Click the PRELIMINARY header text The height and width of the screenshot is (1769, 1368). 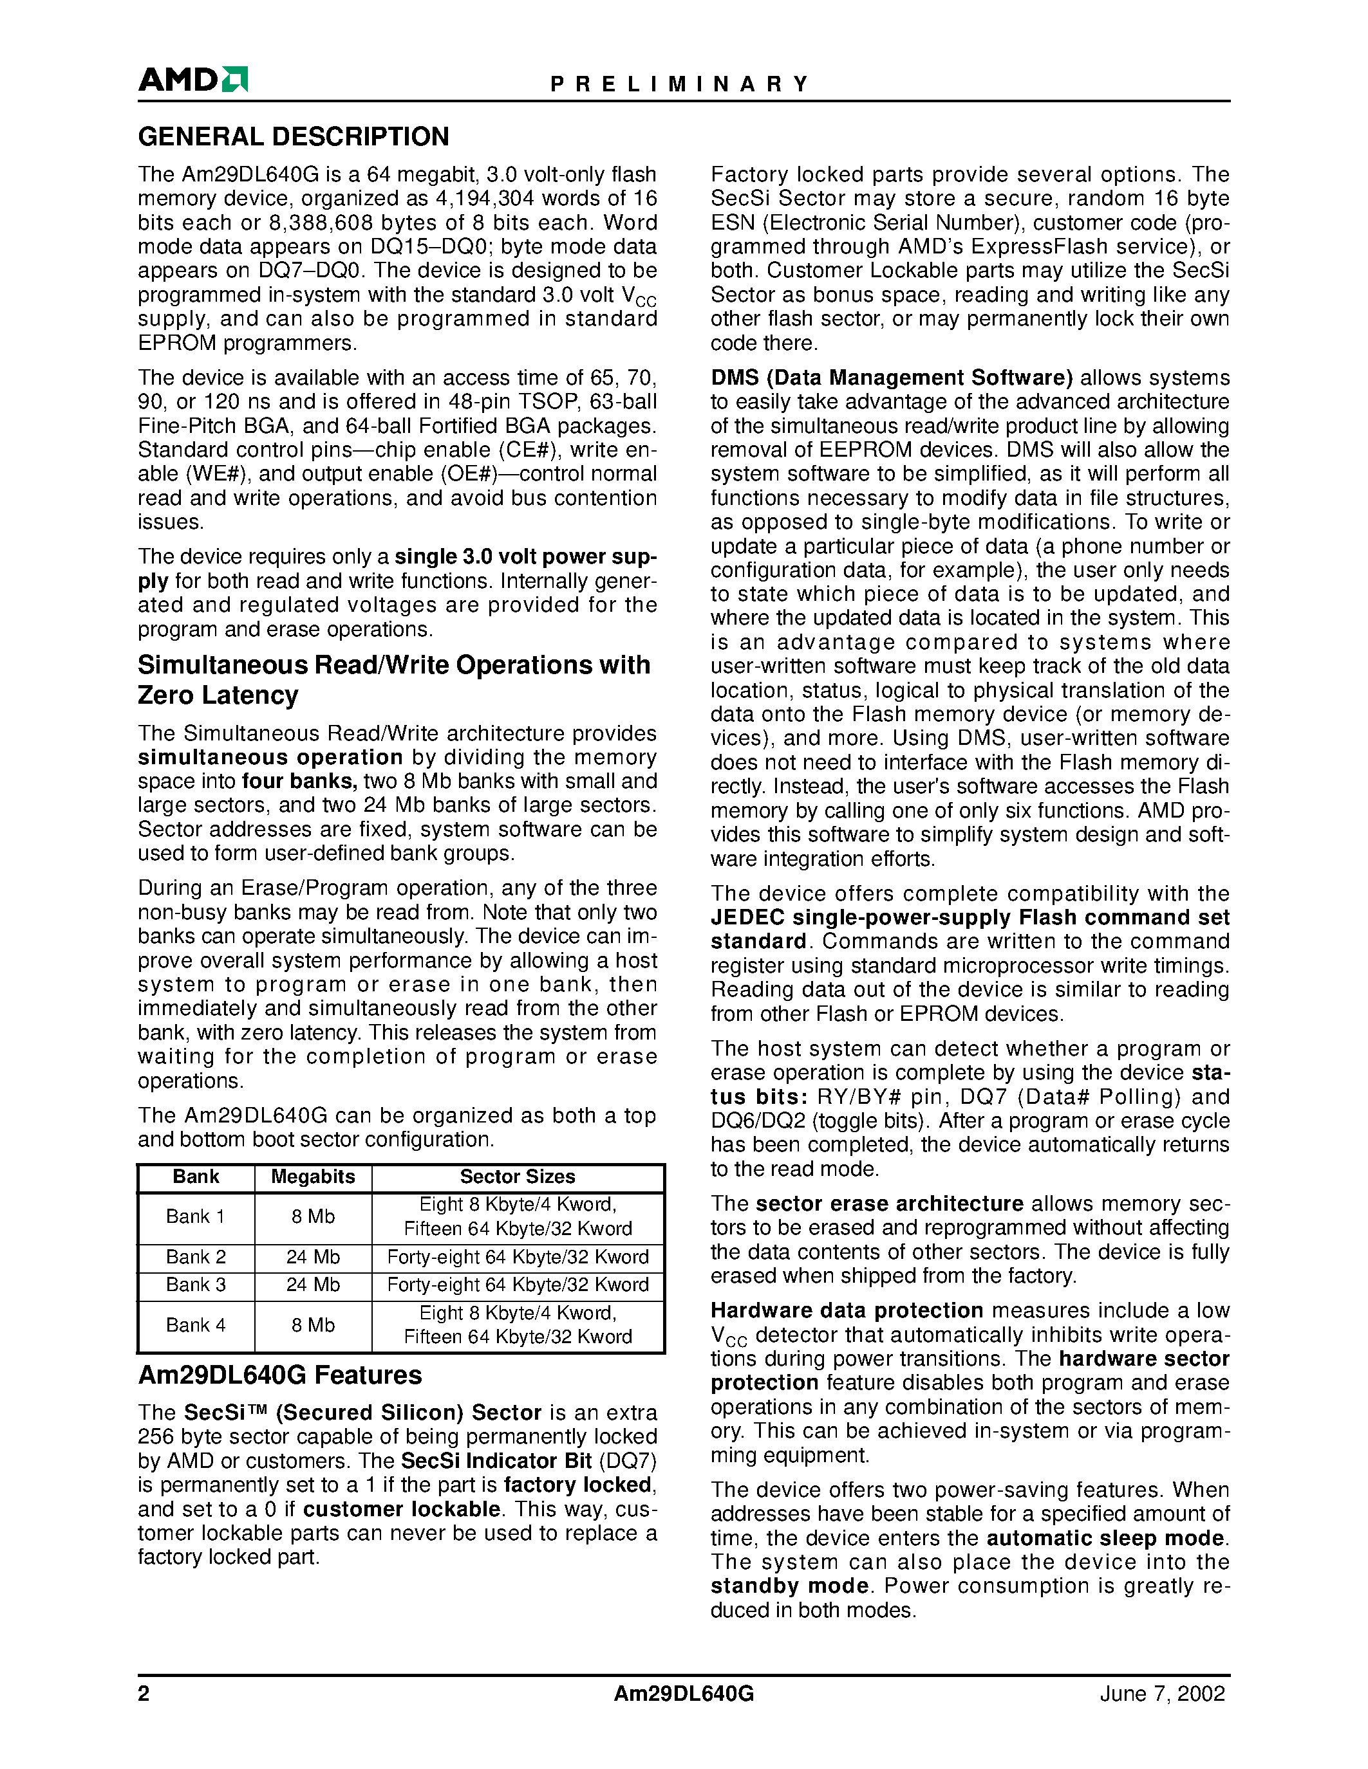pos(679,84)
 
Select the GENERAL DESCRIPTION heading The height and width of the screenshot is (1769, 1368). pos(294,137)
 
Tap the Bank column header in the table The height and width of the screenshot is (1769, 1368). pos(196,1177)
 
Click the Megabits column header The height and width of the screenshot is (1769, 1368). pos(313,1177)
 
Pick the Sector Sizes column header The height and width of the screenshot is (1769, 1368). pos(518,1177)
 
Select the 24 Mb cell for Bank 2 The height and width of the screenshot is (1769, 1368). pos(313,1257)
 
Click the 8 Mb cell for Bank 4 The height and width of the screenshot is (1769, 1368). pos(313,1325)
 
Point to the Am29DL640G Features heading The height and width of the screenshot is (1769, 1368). pos(279,1375)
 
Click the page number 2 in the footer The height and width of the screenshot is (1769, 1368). pos(144,1694)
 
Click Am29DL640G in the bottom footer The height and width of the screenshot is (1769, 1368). pos(683,1694)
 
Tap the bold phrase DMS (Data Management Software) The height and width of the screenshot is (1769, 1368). pos(892,378)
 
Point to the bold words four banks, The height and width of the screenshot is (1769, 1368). pos(300,782)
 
